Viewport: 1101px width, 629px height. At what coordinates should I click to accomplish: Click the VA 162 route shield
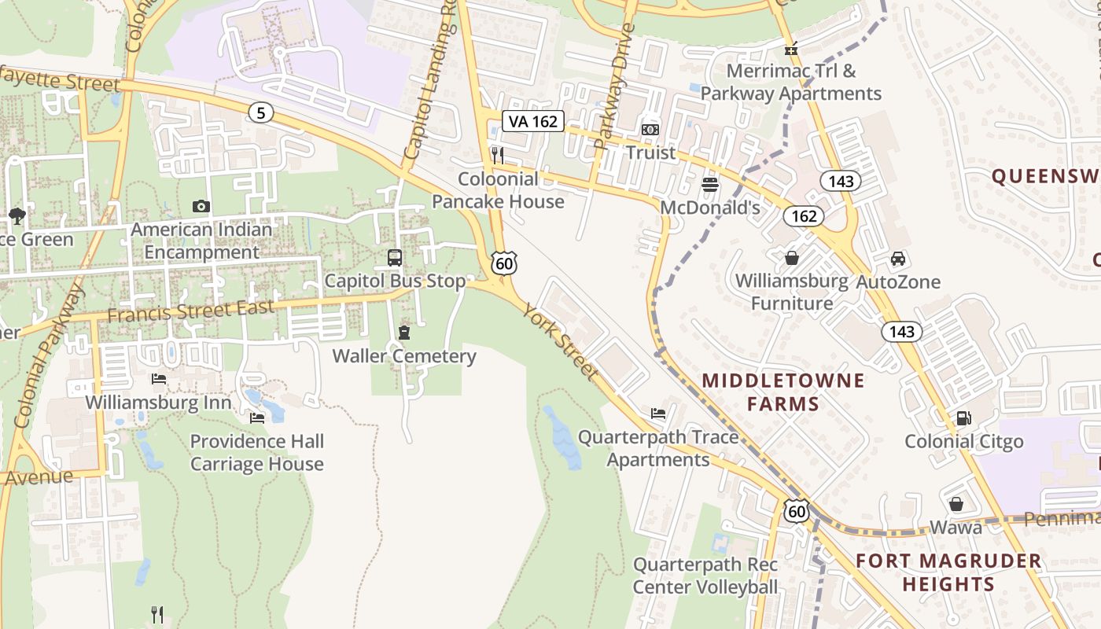533,121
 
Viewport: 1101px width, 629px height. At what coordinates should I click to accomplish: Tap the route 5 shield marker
260,113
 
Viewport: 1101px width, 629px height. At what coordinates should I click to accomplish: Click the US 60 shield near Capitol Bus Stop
504,263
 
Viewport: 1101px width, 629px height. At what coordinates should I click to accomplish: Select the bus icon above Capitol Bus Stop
395,258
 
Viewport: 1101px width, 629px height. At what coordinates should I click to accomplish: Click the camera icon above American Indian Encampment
201,207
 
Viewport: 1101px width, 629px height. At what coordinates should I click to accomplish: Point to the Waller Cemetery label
404,356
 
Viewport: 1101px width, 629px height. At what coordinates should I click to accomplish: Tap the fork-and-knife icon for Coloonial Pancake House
497,153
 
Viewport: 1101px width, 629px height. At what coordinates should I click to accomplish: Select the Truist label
650,153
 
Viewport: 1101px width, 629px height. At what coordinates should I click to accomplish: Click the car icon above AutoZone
898,259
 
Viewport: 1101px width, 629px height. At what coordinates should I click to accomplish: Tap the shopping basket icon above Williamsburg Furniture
792,258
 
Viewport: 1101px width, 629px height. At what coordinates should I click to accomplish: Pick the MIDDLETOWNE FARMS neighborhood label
782,392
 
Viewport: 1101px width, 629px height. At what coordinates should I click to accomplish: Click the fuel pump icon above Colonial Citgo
963,418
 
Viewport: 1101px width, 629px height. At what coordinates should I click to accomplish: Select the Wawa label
956,527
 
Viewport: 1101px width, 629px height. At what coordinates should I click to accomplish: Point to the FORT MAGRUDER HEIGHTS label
948,572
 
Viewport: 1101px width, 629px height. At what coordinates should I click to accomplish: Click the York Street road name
561,342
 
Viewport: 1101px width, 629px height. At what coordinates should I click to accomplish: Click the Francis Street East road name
190,311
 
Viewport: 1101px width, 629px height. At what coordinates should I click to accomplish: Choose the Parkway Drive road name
615,86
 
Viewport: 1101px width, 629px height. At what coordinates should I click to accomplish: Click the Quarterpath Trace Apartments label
658,448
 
